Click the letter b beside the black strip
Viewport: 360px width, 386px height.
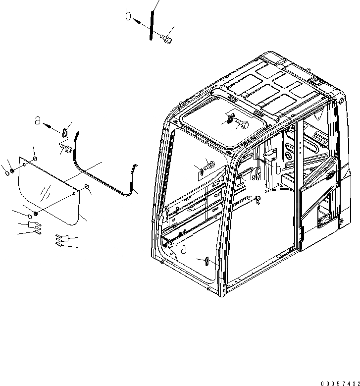tap(129, 16)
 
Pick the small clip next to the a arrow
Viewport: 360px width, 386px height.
tap(65, 133)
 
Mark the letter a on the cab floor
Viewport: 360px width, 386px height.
tap(183, 249)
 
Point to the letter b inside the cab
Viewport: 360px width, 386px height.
tap(279, 169)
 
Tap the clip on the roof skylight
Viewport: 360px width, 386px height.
tap(231, 117)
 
